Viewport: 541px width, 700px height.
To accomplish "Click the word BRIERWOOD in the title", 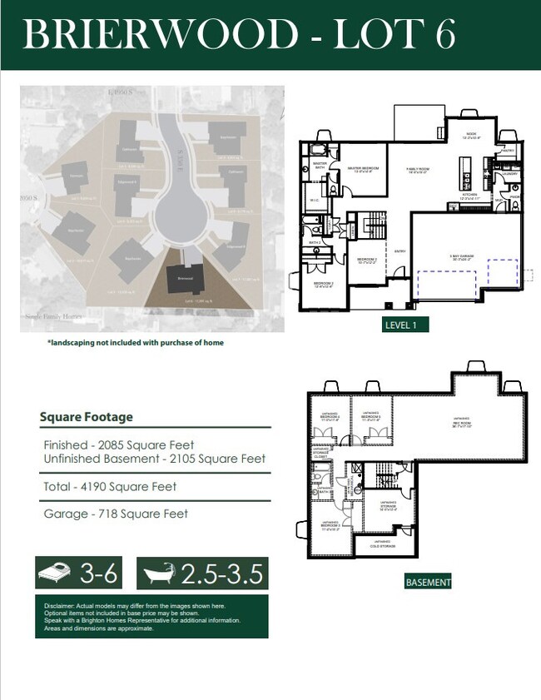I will [158, 34].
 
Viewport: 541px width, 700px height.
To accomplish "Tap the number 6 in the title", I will [443, 34].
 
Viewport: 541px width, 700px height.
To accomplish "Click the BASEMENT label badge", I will [428, 583].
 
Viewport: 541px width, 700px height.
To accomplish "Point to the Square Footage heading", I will [86, 417].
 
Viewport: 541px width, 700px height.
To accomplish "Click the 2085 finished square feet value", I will [109, 444].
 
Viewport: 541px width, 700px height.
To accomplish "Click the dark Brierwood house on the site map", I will [184, 280].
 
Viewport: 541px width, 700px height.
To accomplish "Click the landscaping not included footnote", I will [135, 342].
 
